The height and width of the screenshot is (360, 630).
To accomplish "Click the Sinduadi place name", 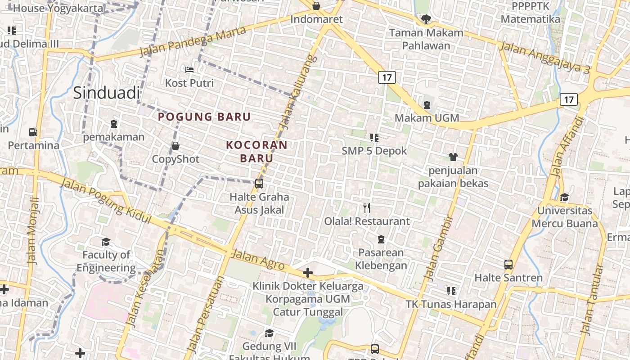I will tap(106, 93).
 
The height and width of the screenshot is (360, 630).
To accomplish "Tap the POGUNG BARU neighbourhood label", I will tap(204, 117).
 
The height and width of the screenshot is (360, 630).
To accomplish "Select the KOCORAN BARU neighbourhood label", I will tap(256, 152).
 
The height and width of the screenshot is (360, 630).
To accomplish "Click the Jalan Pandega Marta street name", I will tap(193, 41).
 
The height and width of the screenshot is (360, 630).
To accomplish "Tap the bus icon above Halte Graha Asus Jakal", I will tap(259, 183).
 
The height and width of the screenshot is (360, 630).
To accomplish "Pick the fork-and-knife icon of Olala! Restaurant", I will tap(367, 207).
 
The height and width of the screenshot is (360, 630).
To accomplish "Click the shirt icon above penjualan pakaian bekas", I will tap(453, 157).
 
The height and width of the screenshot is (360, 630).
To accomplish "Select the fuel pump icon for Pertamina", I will tap(33, 132).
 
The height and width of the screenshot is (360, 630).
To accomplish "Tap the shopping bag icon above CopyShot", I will tap(175, 146).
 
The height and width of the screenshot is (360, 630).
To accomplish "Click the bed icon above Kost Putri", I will tap(189, 70).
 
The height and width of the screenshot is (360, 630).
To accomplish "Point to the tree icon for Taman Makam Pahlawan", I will tap(426, 19).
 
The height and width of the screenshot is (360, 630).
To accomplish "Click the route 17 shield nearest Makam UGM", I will tap(387, 77).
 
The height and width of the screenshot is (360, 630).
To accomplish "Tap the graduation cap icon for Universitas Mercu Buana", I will tap(564, 197).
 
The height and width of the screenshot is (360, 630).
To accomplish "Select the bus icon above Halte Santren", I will tap(508, 264).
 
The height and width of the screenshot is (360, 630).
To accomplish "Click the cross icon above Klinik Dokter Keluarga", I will tap(308, 273).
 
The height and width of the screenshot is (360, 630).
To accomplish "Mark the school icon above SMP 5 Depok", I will tap(374, 137).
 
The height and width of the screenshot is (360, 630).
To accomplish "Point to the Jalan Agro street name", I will tap(258, 259).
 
